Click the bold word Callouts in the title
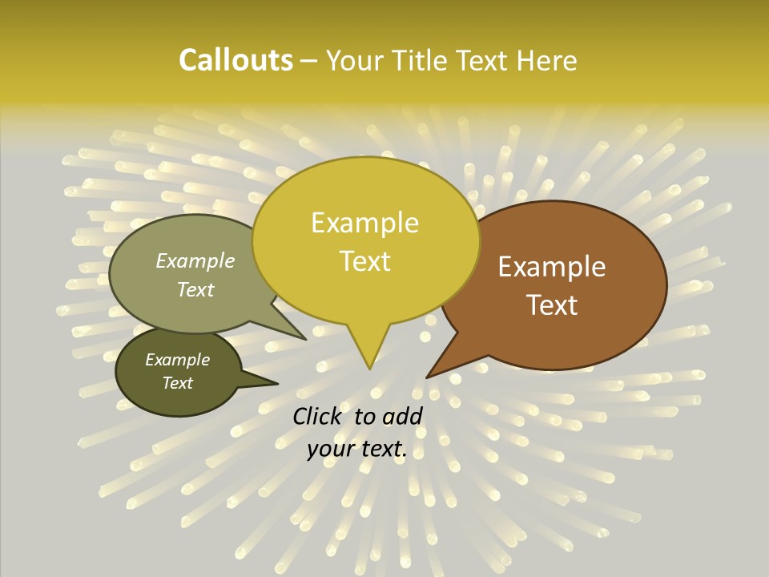[236, 60]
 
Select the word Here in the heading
[547, 60]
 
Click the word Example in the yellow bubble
[364, 223]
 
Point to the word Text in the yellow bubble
[364, 261]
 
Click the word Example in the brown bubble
[552, 267]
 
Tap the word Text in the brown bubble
[552, 305]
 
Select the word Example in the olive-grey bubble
[195, 260]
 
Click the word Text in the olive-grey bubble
[195, 289]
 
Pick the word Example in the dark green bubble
[177, 360]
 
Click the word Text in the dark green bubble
[177, 383]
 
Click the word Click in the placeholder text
[319, 416]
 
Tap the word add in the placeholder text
[403, 416]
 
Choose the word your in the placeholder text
[330, 449]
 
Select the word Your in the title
[352, 60]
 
